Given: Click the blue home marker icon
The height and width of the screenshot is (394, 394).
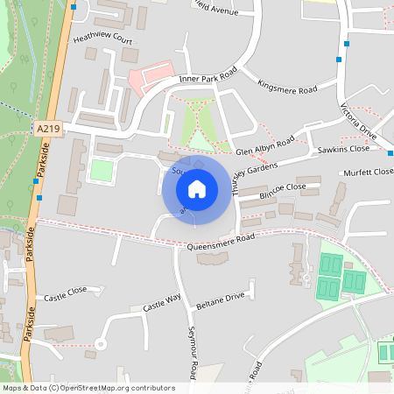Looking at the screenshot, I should (197, 188).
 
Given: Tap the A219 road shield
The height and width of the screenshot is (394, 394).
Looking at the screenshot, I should (49, 129).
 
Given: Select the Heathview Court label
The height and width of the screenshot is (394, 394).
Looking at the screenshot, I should (102, 40).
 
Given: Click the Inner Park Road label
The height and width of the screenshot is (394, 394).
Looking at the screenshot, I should (208, 78).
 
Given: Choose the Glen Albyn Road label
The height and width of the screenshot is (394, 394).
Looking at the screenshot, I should (264, 145).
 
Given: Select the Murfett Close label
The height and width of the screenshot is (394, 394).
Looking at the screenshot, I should (368, 172).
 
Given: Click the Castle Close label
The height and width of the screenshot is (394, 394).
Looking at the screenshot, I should (66, 294).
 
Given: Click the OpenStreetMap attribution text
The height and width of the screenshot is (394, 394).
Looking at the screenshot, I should (88, 387).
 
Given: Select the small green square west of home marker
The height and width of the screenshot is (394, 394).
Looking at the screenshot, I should (102, 171).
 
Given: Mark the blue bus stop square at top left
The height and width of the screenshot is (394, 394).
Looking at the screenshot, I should (74, 7).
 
